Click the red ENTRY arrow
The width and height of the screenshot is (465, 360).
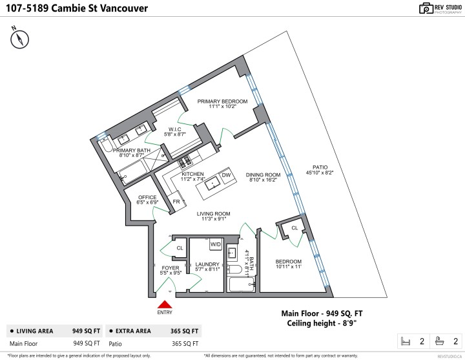tap(165, 304)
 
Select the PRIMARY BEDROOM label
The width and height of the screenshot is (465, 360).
tap(223, 101)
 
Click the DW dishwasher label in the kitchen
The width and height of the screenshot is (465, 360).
tap(226, 175)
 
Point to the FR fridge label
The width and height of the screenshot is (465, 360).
tap(176, 202)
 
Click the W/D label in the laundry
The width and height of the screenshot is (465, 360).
tap(215, 245)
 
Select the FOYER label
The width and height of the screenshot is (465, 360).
tap(170, 267)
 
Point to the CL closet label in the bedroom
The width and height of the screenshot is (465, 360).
tap(294, 228)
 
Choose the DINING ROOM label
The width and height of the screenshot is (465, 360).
tap(263, 175)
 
